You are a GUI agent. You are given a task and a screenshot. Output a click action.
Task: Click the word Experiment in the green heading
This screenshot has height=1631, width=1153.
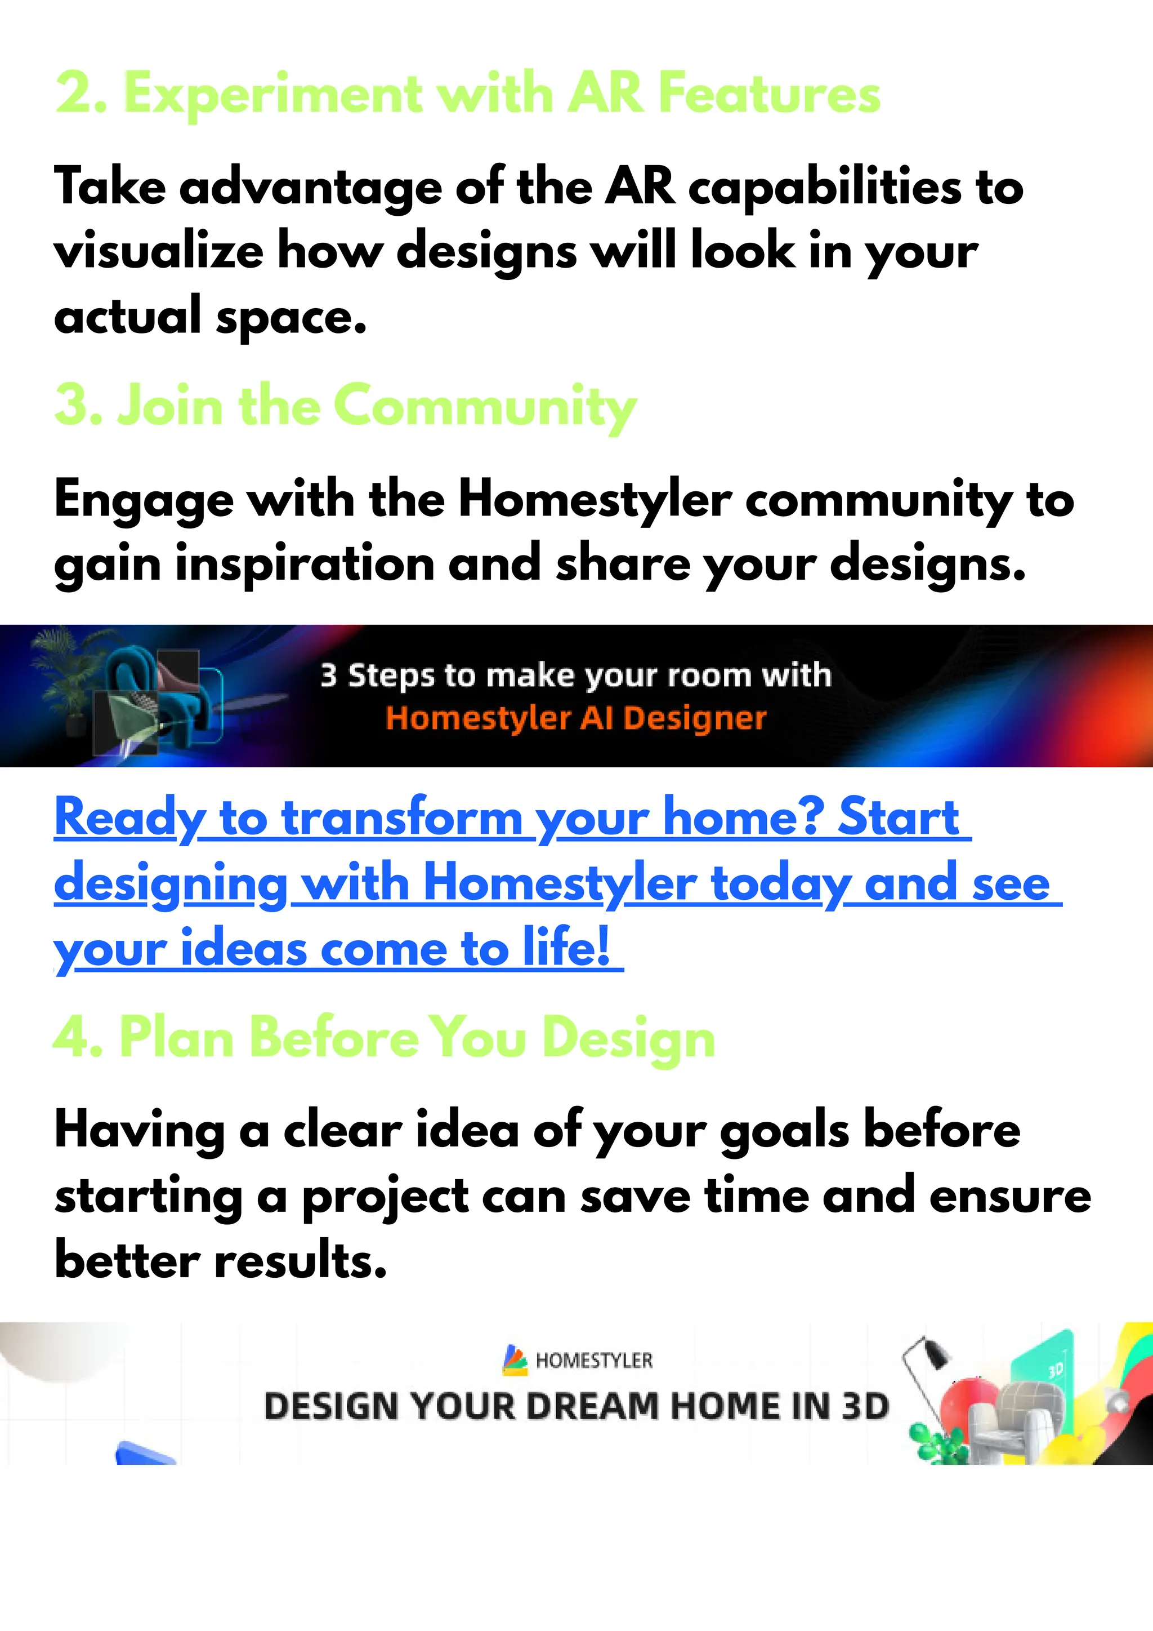coord(274,95)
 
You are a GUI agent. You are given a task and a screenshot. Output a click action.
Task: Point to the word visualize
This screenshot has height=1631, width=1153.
coord(158,252)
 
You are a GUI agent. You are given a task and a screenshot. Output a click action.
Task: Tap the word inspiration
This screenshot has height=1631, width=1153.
coord(305,565)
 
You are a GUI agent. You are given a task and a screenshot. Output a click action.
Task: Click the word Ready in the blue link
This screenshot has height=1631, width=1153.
coord(131,819)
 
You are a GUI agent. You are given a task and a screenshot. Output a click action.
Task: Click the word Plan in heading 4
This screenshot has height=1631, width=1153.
coord(177,1038)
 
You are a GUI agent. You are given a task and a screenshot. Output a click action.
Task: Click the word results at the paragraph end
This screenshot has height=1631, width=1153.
coord(300,1263)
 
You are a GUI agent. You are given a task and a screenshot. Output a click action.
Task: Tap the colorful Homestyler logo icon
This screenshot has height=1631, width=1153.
coord(515,1359)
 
